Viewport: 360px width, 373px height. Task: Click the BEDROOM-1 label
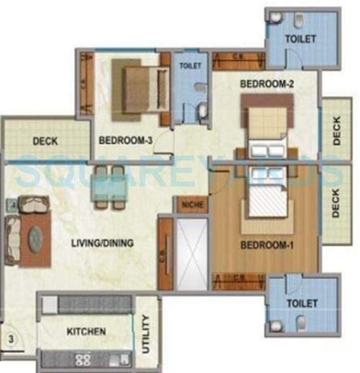(x=266, y=246)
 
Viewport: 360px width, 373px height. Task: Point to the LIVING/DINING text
(x=106, y=243)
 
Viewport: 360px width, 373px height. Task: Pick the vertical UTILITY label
(x=145, y=335)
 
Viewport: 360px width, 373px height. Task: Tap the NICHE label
(x=192, y=205)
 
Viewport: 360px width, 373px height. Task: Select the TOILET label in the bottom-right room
(x=301, y=303)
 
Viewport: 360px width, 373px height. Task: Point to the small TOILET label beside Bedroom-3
(x=191, y=67)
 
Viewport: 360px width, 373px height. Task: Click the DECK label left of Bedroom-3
(x=46, y=141)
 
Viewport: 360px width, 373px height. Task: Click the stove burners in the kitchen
(x=84, y=357)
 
